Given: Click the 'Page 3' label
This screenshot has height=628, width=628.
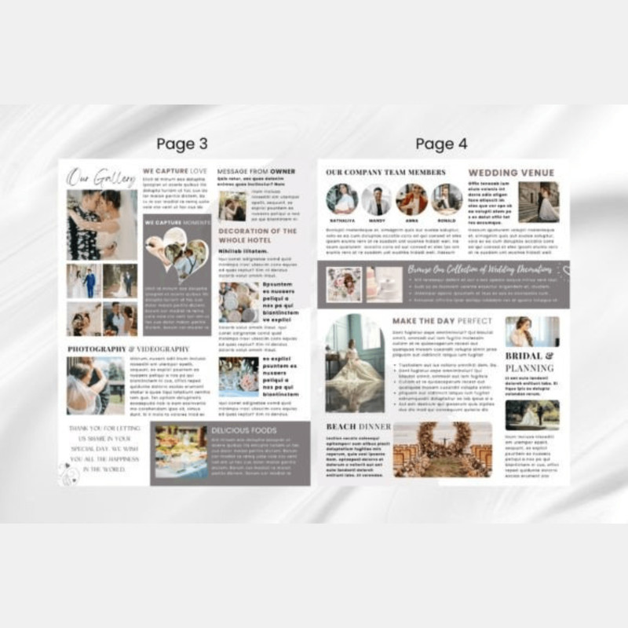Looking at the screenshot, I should click(182, 144).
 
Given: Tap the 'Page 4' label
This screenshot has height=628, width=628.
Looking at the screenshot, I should click(441, 144).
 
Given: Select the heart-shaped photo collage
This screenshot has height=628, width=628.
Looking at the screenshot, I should click(177, 253).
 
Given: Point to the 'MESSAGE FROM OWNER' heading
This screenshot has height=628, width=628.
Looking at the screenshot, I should click(257, 170).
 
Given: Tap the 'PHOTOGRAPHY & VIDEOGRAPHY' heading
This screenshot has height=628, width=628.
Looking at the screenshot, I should click(128, 349).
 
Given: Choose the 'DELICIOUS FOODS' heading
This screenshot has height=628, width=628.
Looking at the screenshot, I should click(244, 430).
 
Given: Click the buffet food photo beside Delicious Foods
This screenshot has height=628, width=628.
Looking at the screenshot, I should click(181, 453).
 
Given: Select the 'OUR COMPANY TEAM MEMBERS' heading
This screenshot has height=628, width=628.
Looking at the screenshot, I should click(385, 173).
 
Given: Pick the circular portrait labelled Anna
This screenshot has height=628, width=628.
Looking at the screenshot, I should click(411, 199).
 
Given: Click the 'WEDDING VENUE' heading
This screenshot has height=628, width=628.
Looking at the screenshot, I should click(511, 173).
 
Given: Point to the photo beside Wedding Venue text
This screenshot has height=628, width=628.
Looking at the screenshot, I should click(539, 203).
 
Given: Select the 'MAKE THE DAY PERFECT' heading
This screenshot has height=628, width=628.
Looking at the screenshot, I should click(442, 321).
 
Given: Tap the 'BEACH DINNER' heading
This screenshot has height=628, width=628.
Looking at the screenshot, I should click(358, 426).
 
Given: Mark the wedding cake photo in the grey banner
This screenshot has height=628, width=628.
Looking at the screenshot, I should click(384, 283).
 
